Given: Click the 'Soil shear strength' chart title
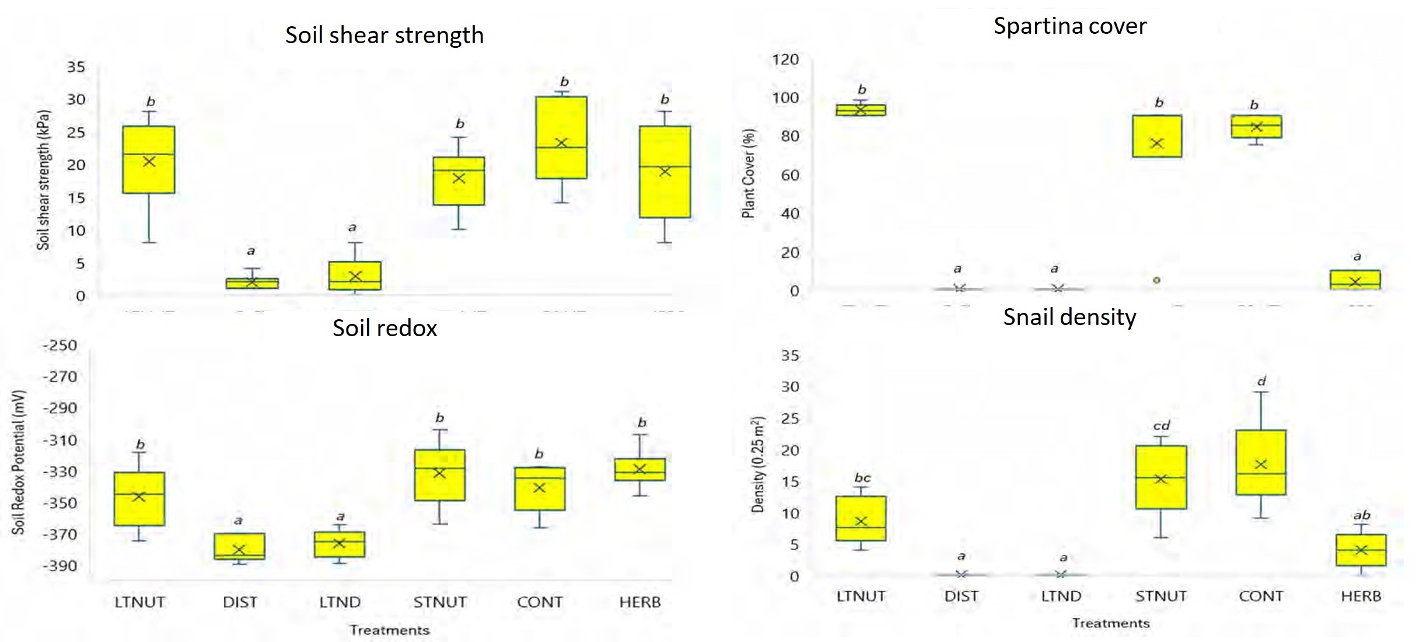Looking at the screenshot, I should (x=384, y=36).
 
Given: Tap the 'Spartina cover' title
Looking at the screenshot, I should (x=1069, y=26).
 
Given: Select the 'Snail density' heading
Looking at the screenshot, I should (x=1069, y=317).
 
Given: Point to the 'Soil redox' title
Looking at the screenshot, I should (x=384, y=328).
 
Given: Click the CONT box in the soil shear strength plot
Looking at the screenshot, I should (x=561, y=137).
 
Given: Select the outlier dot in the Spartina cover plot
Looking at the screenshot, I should (x=1156, y=280).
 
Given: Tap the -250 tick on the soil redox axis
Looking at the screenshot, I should (x=60, y=346).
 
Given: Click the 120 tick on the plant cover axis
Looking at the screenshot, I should (x=785, y=60).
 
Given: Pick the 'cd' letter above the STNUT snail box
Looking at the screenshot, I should (x=1161, y=426).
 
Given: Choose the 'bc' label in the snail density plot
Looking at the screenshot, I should (x=862, y=478).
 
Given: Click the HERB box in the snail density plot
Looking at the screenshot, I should (x=1361, y=550).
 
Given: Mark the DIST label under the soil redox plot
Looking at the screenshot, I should (x=240, y=602).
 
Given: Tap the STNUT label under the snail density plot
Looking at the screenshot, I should (x=1161, y=596).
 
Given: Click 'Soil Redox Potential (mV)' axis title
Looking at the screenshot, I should (x=19, y=462).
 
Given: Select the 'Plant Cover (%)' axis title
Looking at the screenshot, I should (x=748, y=173).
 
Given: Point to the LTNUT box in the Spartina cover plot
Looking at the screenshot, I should (x=861, y=110).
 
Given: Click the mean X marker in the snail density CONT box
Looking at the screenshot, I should (x=1261, y=465).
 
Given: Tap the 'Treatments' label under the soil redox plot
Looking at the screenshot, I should (x=389, y=630).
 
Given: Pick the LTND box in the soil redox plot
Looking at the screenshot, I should (x=340, y=544).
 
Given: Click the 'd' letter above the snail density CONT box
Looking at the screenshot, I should (x=1261, y=382).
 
